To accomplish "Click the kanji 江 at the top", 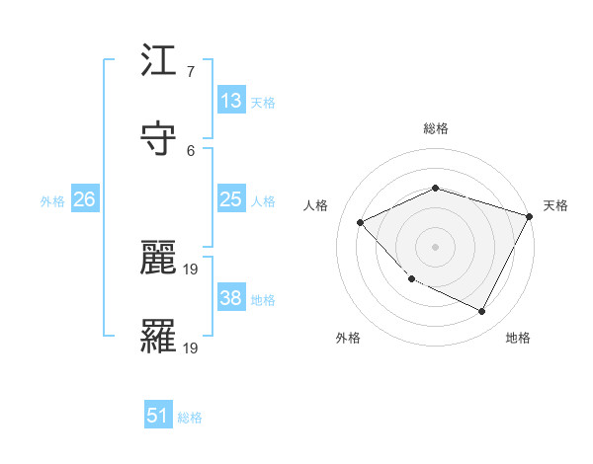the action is point(158,66).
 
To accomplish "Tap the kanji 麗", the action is point(158,259).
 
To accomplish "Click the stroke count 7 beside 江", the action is point(190,72).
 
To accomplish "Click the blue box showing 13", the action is point(231,100).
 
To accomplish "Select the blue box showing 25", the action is point(231,199).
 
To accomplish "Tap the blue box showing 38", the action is point(231,298).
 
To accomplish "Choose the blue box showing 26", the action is point(84,199).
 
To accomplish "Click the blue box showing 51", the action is point(158,416).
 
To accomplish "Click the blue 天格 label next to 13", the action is point(263,102).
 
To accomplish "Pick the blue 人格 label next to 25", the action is point(263,200).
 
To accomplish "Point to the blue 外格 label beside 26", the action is point(52,200).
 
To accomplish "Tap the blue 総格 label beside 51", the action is point(190,418).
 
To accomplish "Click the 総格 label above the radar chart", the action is point(435,128).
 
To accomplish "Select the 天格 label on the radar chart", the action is point(555,205).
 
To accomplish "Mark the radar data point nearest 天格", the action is point(531,216).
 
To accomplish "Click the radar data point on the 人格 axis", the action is point(361,222).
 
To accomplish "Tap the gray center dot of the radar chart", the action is point(435,246).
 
